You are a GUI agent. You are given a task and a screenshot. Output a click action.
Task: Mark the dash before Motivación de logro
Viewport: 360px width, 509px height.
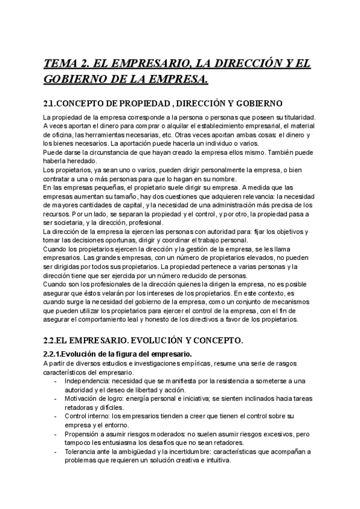pyautogui.click(x=56, y=399)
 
